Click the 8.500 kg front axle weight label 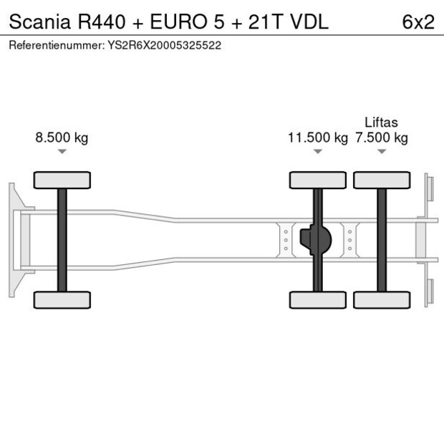pos(62,137)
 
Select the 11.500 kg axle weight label pos(317,137)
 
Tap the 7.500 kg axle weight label pos(381,137)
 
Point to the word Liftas pos(381,122)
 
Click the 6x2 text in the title pos(418,22)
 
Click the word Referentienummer pos(51,44)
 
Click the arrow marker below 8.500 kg pos(62,151)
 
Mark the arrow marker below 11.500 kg pos(318,151)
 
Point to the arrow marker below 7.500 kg pos(382,151)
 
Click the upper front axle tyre pos(62,180)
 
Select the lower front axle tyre pos(62,299)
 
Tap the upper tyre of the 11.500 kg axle pos(318,180)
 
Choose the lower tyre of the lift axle pos(382,299)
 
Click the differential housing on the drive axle pos(317,240)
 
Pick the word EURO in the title pos(165,22)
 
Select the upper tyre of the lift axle pos(382,180)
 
